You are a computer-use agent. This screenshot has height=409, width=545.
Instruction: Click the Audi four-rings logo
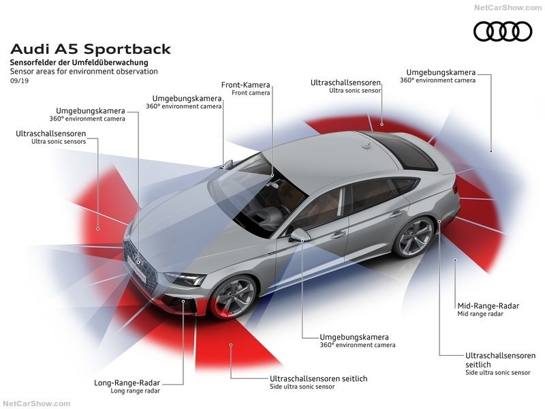(503, 31)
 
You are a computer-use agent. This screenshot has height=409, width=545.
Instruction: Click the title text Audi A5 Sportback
(91, 49)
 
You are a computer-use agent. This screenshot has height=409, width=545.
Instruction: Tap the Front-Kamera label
(246, 85)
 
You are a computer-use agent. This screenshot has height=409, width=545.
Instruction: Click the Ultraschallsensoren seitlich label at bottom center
(319, 378)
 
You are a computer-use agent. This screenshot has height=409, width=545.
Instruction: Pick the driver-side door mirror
(299, 234)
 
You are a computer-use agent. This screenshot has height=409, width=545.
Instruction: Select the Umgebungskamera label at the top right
(441, 72)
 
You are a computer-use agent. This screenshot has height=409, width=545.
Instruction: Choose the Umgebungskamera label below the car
(354, 337)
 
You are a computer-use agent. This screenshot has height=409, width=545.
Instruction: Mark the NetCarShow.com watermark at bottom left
(37, 404)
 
